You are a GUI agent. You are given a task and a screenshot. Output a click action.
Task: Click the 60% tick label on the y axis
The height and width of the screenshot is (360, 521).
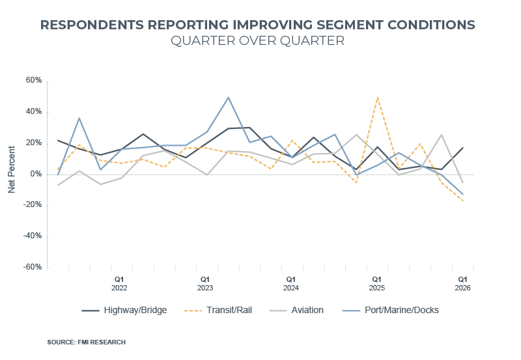tap(34, 81)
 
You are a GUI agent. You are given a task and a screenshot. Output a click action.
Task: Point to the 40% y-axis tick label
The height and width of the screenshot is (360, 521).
tap(34, 112)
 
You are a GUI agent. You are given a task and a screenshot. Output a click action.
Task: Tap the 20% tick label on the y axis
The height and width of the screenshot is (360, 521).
tap(34, 143)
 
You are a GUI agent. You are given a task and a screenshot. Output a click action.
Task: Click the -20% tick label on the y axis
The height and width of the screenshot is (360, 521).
tap(33, 205)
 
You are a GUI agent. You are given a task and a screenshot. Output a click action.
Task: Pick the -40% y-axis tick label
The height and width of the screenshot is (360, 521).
tap(33, 236)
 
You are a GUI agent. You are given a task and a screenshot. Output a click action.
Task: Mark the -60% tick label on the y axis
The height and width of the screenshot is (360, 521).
tap(33, 268)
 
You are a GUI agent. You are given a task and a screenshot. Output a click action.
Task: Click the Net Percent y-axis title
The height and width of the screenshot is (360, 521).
tap(12, 174)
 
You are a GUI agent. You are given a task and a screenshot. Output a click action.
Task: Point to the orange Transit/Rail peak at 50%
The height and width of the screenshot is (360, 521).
tap(377, 97)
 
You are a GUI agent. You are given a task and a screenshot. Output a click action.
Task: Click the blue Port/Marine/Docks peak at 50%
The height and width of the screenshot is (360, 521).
tap(228, 97)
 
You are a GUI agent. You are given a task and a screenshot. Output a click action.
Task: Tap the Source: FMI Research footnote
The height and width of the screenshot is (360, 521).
tap(86, 342)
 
